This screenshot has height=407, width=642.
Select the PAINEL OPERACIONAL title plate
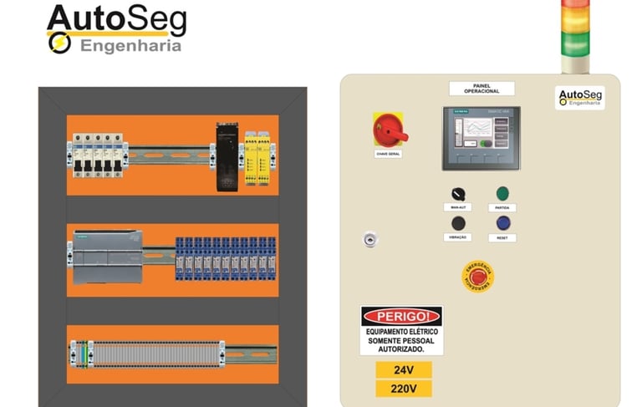481,89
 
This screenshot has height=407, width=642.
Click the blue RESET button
502,223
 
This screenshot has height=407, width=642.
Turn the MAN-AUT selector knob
458,194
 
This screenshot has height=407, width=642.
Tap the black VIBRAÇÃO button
458,223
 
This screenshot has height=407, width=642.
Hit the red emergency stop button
478,276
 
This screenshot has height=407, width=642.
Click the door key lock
369,239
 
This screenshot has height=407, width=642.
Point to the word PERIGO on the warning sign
401,317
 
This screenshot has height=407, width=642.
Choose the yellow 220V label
403,389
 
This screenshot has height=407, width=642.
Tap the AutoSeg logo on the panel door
579,99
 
